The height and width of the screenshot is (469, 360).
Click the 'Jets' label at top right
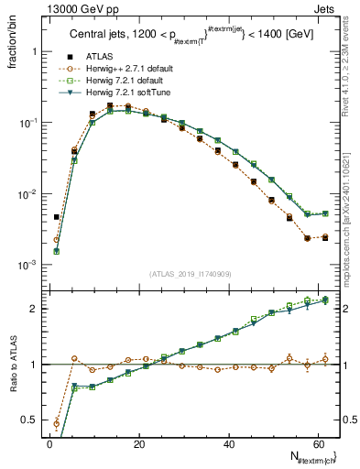(327, 8)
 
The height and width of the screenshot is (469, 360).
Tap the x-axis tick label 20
(139, 444)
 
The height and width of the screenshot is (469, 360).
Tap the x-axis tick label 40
(229, 444)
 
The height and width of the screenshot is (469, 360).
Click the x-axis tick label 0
(49, 444)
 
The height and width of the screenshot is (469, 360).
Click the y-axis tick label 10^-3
(27, 265)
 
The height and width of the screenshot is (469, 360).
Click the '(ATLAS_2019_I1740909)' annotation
(190, 273)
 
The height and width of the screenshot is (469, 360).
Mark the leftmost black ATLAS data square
(57, 218)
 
